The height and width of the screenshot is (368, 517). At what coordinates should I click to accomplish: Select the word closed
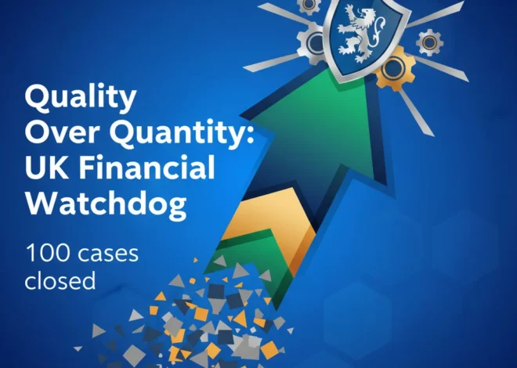point(60,280)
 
